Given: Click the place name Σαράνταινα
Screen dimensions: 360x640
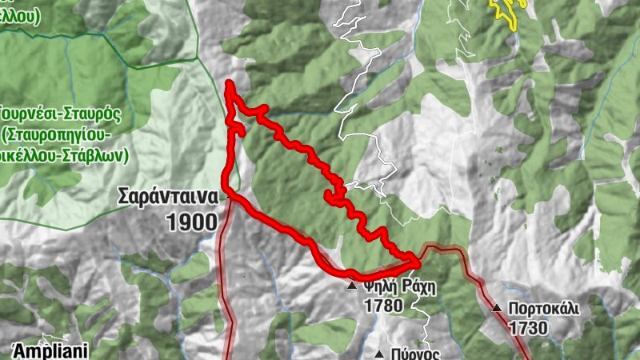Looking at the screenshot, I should (167, 196).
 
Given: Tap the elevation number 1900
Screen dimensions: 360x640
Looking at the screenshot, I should (192, 222).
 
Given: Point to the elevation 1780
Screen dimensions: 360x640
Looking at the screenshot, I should (383, 306).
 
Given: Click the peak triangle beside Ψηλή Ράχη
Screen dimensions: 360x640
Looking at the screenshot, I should (351, 286).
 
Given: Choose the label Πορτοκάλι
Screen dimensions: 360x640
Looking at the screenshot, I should (543, 308).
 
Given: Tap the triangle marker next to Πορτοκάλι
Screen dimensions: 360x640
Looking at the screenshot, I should (496, 307).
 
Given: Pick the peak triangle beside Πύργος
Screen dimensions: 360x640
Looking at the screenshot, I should (379, 354).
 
